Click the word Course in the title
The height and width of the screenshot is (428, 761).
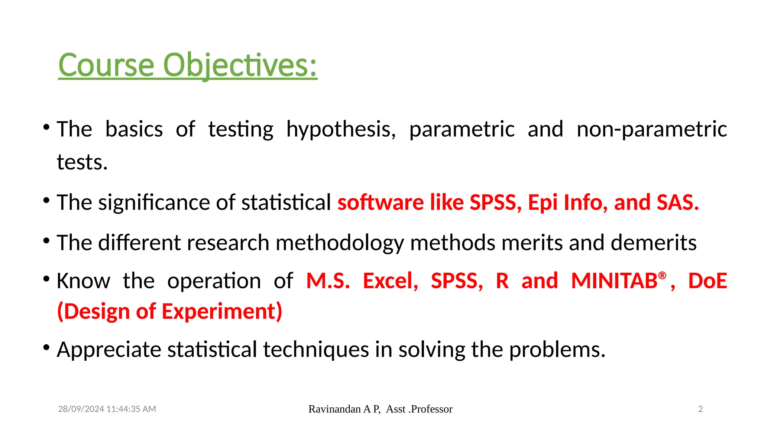coord(106,65)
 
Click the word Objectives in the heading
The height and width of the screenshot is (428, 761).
coord(240,65)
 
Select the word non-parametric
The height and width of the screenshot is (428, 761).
coord(652,129)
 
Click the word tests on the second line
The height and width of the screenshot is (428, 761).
coord(82,162)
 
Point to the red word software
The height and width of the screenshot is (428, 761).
coord(380,202)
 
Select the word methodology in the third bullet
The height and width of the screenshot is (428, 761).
coord(340,243)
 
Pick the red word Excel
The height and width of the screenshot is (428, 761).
coord(390,281)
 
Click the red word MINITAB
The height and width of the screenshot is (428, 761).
coord(614,281)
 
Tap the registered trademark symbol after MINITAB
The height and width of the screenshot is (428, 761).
coord(662,275)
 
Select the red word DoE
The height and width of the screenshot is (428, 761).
coord(707,281)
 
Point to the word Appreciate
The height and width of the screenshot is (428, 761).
coord(109,350)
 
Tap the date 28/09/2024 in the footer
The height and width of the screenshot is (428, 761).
coord(81,409)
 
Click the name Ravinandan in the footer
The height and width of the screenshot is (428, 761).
coord(334,409)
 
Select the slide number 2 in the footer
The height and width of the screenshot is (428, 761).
coord(700,409)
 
